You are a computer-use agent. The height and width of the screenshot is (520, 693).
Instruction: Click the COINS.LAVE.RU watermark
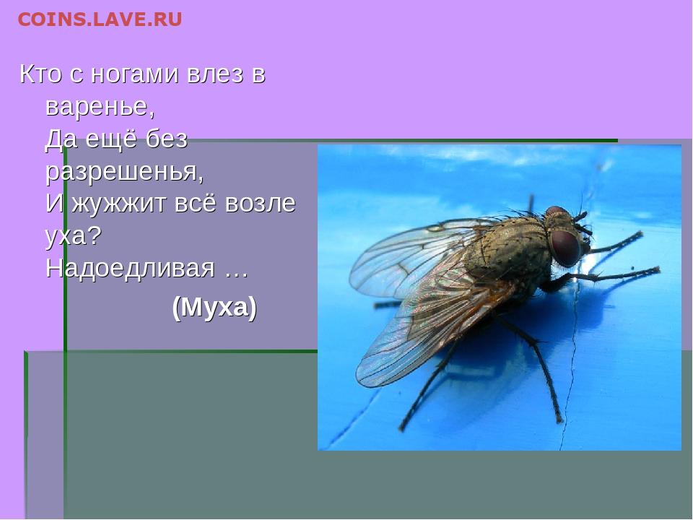coord(100,19)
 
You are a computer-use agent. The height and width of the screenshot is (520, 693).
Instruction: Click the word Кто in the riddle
coord(40,74)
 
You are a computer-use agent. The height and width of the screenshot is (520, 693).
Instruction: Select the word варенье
coord(100,107)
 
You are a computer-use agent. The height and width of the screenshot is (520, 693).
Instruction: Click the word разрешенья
coord(125,173)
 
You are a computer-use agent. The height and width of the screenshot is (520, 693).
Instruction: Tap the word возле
coord(261,204)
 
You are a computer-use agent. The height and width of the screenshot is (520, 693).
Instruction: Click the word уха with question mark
coord(74,236)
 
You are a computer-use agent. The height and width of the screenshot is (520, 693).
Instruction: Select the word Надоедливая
coord(131,269)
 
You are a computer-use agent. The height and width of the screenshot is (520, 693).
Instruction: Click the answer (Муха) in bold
coord(214,307)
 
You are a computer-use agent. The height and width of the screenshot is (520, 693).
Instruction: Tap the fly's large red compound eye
coord(565,247)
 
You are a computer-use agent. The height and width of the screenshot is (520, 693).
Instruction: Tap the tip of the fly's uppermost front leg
coord(640,233)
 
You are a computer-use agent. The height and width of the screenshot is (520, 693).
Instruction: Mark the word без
coord(167,139)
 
